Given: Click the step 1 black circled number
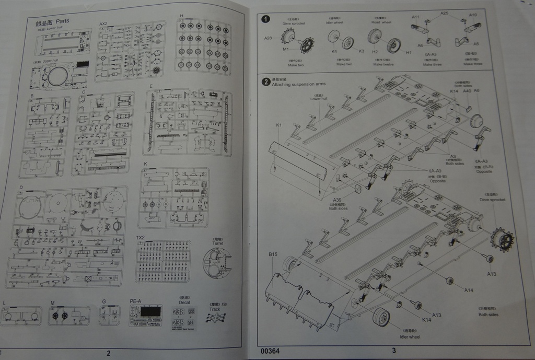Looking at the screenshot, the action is tap(265, 19).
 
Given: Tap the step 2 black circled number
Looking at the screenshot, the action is tap(266, 82).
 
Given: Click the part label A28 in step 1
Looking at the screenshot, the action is tap(268, 38).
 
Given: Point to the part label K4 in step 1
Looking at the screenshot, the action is tap(334, 51).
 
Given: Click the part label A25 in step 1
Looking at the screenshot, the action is tap(444, 13).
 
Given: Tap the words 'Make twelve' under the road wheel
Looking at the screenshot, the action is tap(382, 64).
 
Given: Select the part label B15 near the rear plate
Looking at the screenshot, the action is tap(273, 254).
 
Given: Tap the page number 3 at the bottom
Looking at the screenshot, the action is tap(394, 351).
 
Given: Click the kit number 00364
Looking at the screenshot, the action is tap(270, 351).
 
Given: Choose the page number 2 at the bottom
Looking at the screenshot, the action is tap(108, 353).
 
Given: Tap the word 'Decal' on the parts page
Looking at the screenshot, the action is tap(184, 301).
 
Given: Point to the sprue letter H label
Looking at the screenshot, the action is tap(181, 16).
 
